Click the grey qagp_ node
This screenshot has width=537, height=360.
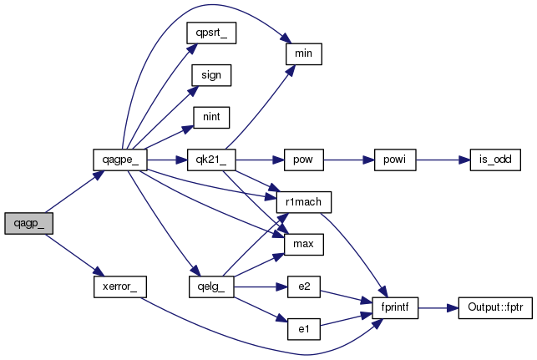[28, 223]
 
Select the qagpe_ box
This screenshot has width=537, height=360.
[120, 160]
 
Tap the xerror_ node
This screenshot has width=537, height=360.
[120, 286]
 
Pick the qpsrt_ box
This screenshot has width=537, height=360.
[211, 33]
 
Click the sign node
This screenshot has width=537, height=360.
[211, 75]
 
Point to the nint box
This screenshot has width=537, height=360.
[211, 118]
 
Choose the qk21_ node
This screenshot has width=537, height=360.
[211, 160]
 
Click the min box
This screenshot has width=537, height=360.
[304, 53]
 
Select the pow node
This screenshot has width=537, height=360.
[304, 160]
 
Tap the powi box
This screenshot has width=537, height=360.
[395, 160]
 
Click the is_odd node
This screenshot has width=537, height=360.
[495, 160]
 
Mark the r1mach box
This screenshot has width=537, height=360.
[304, 202]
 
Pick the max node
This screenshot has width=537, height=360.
[304, 244]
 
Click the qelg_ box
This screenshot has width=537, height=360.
[211, 286]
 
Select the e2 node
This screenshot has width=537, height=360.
[304, 286]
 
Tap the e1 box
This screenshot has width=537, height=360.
[304, 329]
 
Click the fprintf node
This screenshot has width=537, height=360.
[395, 308]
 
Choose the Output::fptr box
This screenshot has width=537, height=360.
[495, 308]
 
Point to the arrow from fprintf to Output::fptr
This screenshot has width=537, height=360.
[438, 308]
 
